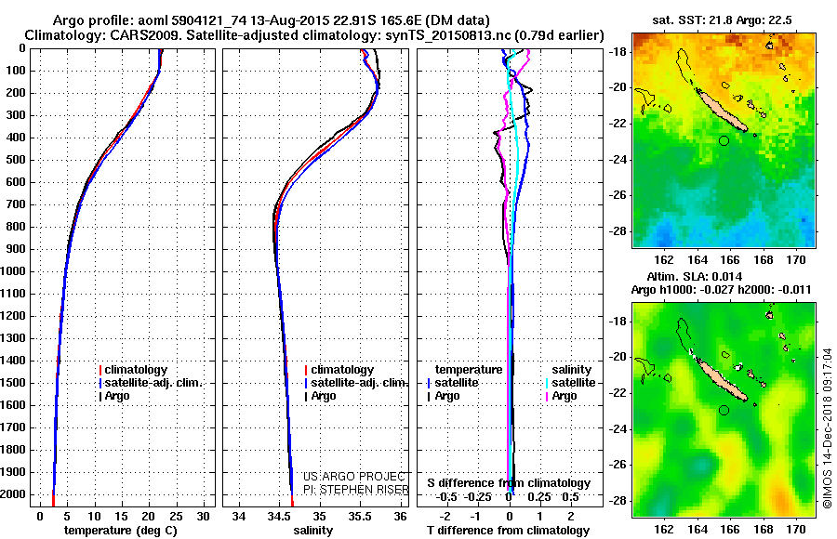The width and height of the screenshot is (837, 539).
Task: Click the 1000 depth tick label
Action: coord(16,271)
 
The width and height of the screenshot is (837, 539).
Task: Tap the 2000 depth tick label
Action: coord(16,494)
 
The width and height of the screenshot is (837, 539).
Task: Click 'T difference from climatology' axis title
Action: coord(508,531)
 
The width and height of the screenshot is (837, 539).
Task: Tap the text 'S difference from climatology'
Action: coord(508,483)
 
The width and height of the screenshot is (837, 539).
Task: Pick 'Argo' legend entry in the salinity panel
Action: coord(324,396)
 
